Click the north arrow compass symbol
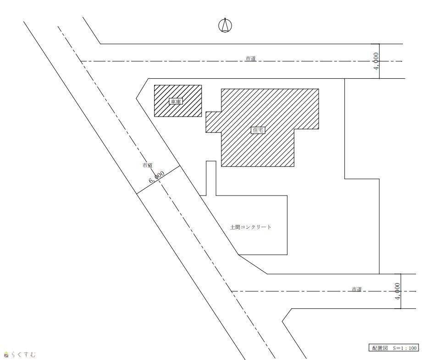[225, 25]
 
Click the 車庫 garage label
[176, 101]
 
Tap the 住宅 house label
[258, 130]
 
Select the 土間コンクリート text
[251, 227]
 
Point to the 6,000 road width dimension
[156, 177]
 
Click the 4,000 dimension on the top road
[376, 61]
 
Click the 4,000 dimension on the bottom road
[398, 291]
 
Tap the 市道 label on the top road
[251, 59]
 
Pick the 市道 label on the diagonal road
[148, 166]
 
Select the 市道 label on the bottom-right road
[357, 289]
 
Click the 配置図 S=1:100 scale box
[393, 348]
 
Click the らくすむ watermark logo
[20, 354]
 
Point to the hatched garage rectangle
[178, 101]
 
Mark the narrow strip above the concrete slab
[211, 178]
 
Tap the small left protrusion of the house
[213, 122]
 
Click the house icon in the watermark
[6, 355]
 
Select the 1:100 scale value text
[409, 348]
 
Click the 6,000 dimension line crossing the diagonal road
[159, 180]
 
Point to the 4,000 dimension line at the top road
[380, 61]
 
